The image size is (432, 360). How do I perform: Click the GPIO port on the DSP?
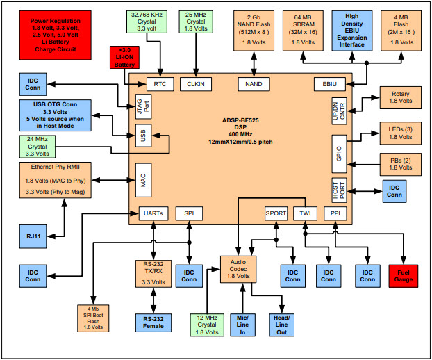click(338, 154)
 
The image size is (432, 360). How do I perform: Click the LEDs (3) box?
click(399, 133)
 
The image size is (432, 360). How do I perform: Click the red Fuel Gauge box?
click(405, 275)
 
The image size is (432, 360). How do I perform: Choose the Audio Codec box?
click(238, 268)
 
